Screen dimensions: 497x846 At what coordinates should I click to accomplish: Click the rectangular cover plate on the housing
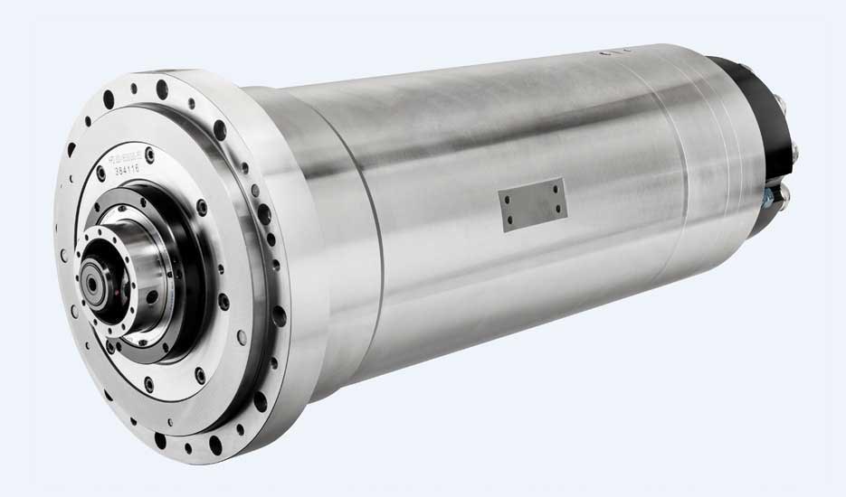coord(535,203)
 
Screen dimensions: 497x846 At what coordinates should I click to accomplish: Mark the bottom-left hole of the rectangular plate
coord(512,220)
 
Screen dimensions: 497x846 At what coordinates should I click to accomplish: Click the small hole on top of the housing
coord(604,54)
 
